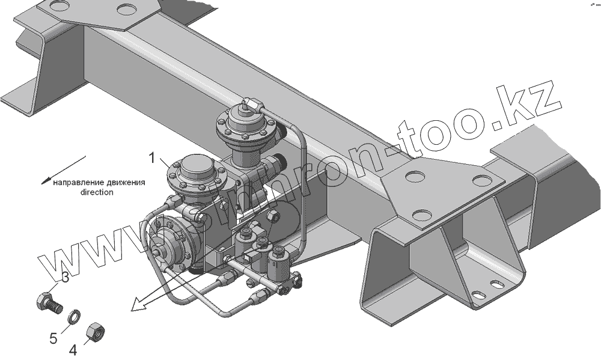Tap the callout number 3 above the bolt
pyautogui.click(x=66, y=278)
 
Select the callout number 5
pyautogui.click(x=54, y=338)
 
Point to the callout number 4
pyautogui.click(x=73, y=349)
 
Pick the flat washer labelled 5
pyautogui.click(x=73, y=316)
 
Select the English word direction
pyautogui.click(x=96, y=193)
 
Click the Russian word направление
pyautogui.click(x=78, y=183)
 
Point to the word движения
pyautogui.click(x=126, y=183)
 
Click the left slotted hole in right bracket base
pyautogui.click(x=478, y=294)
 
